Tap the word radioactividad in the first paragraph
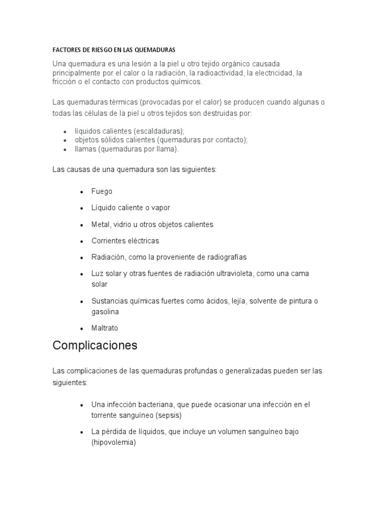click(221, 72)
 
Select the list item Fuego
click(102, 191)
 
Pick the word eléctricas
click(143, 241)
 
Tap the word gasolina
click(105, 312)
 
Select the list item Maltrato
click(105, 328)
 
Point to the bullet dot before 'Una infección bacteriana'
click(81, 404)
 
